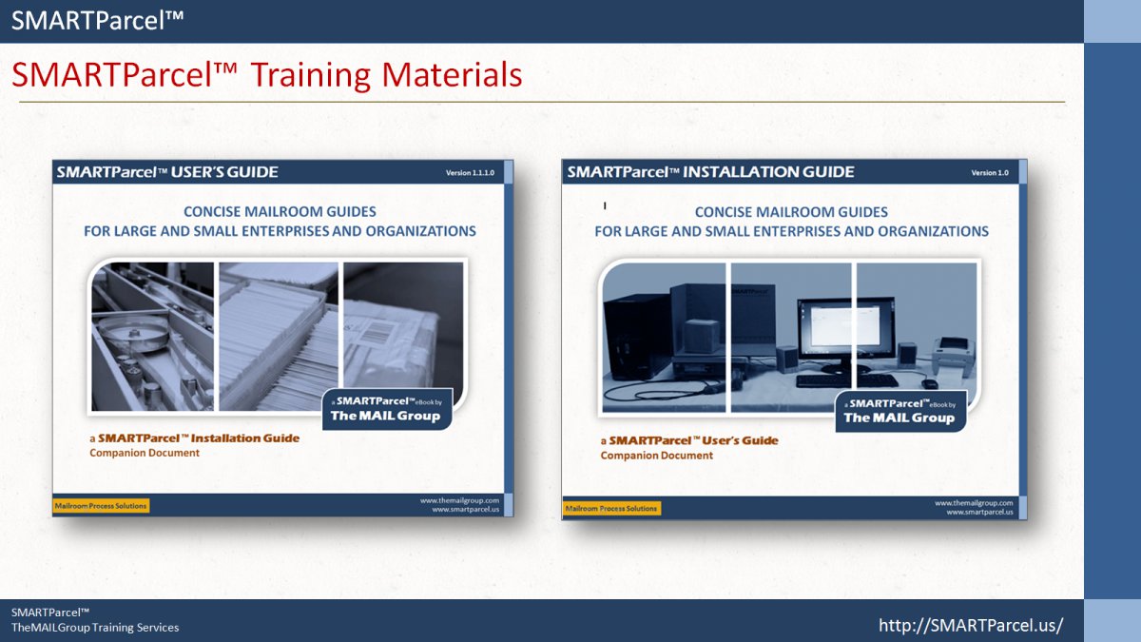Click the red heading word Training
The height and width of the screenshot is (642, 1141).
[312, 76]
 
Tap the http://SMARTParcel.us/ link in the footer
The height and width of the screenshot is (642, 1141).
[971, 625]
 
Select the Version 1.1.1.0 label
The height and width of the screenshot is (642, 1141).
[470, 173]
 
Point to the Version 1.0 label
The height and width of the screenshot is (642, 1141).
[990, 173]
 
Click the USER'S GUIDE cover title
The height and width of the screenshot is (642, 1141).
[224, 172]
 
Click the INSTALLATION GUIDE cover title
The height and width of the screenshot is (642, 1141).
[768, 172]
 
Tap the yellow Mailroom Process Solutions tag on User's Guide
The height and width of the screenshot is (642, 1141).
[101, 506]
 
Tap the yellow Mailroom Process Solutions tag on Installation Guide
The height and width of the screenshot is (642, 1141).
[611, 509]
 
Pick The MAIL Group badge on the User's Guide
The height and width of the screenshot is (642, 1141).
[387, 410]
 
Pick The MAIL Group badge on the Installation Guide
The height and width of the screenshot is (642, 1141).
[900, 412]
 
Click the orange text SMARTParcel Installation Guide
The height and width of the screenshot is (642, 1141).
[199, 438]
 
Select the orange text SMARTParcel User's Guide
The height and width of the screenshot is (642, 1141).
[693, 440]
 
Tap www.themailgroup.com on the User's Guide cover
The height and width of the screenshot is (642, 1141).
[459, 500]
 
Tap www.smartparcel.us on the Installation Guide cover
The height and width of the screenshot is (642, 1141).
[979, 512]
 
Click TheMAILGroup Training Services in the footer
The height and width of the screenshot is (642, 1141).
[95, 628]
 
